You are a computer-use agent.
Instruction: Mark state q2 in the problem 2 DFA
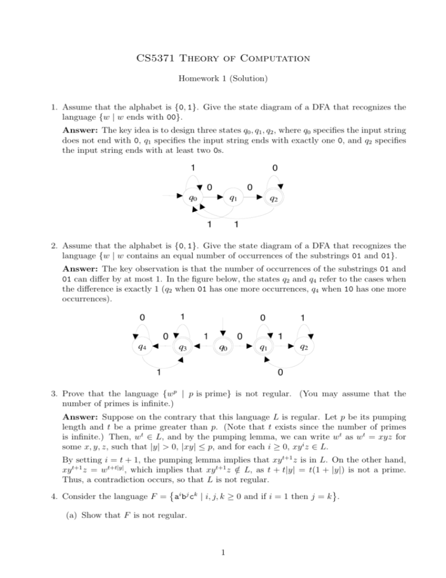click(x=303, y=348)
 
